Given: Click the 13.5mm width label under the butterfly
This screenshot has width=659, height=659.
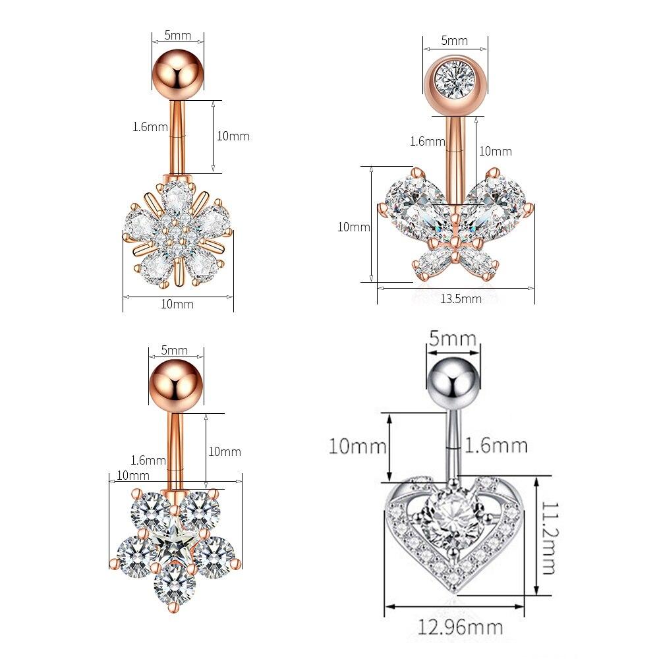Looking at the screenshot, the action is [461, 299].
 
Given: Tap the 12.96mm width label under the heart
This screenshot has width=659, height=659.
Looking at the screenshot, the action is [460, 627].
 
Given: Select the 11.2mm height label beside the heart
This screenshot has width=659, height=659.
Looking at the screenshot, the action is [548, 538].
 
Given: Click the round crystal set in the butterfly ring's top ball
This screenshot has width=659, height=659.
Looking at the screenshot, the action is [455, 78].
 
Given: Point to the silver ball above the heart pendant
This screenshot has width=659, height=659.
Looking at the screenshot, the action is [453, 383].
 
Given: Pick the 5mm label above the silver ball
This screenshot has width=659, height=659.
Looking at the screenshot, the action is [452, 338].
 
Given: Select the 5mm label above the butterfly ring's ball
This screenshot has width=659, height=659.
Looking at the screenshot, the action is [454, 41].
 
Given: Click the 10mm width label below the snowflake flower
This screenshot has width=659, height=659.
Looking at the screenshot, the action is [177, 304].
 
